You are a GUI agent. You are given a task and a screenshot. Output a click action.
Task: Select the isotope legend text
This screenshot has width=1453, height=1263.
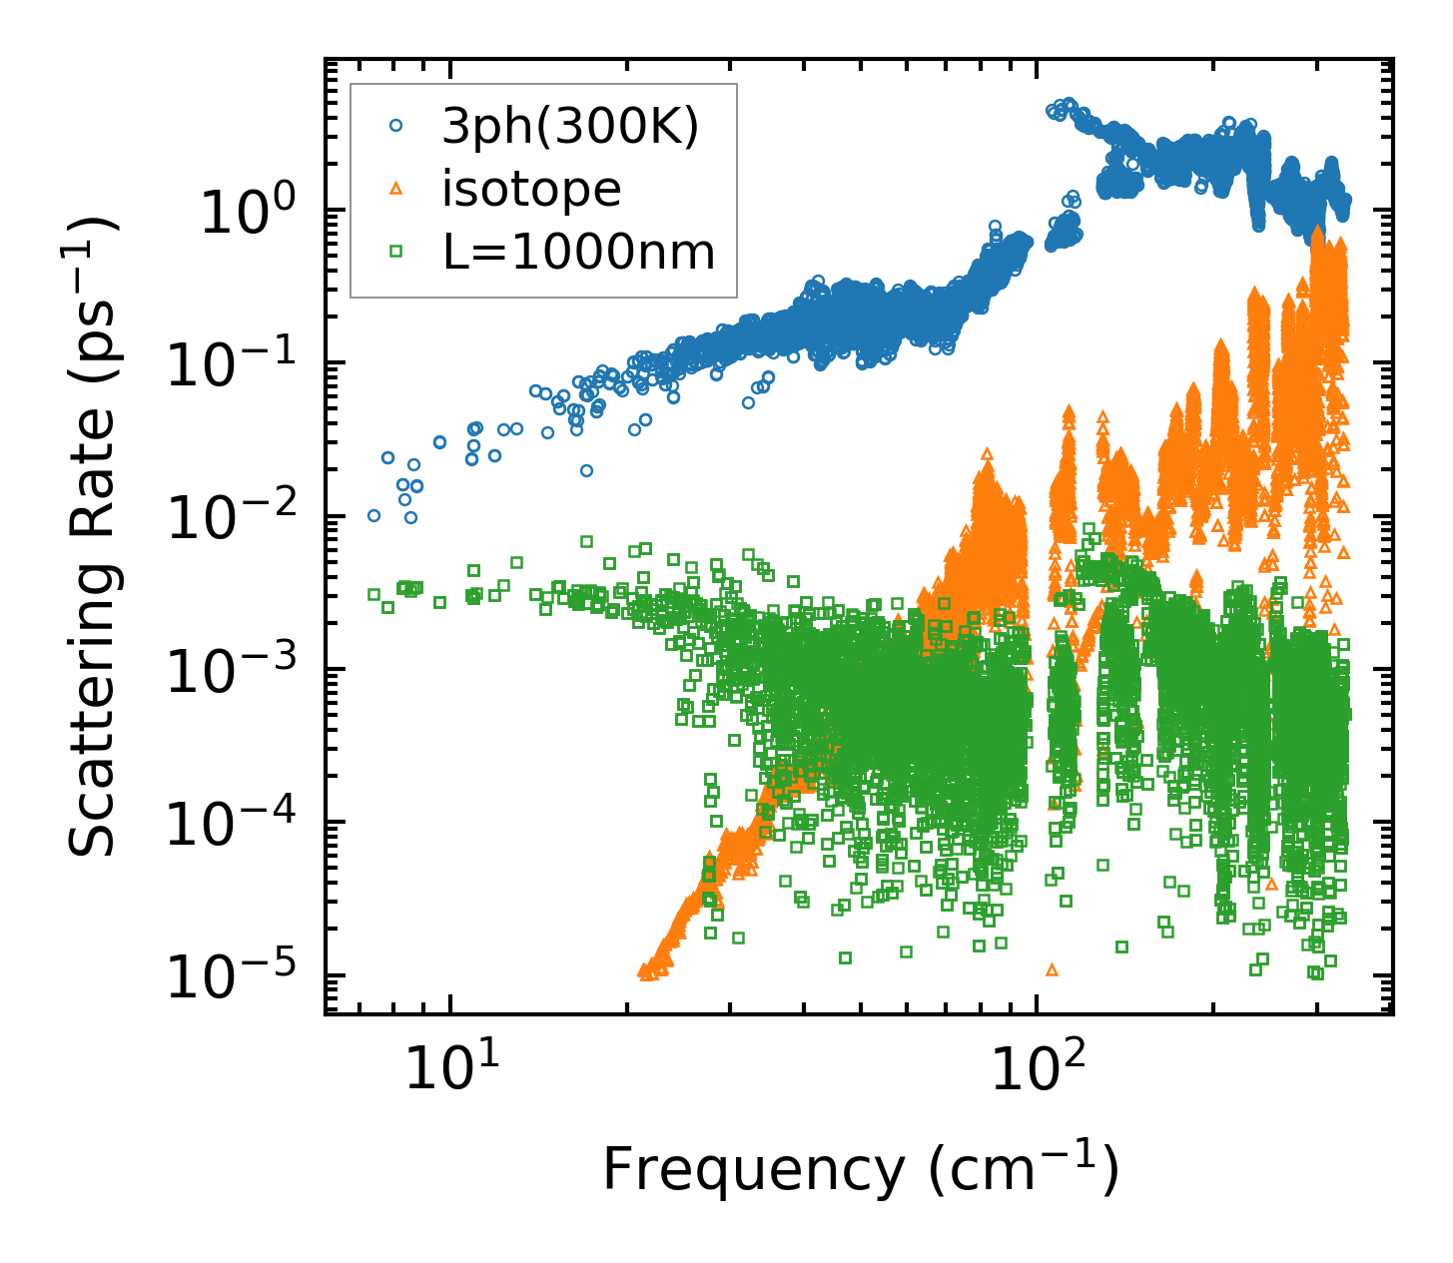(x=531, y=189)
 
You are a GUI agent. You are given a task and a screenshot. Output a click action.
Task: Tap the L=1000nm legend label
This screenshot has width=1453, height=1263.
(x=579, y=253)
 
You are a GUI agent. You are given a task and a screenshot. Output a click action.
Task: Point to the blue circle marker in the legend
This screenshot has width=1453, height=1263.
(x=396, y=126)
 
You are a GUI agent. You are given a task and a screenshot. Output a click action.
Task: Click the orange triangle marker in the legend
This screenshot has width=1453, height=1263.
(x=396, y=189)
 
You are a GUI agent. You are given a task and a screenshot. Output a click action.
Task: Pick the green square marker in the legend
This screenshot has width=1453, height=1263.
(x=396, y=252)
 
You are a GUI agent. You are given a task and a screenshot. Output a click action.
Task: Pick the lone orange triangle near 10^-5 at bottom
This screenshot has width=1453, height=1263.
(x=1051, y=969)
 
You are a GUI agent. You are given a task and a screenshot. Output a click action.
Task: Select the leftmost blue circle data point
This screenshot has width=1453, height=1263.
(x=373, y=516)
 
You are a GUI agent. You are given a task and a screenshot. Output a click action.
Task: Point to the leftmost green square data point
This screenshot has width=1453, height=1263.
(x=373, y=594)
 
